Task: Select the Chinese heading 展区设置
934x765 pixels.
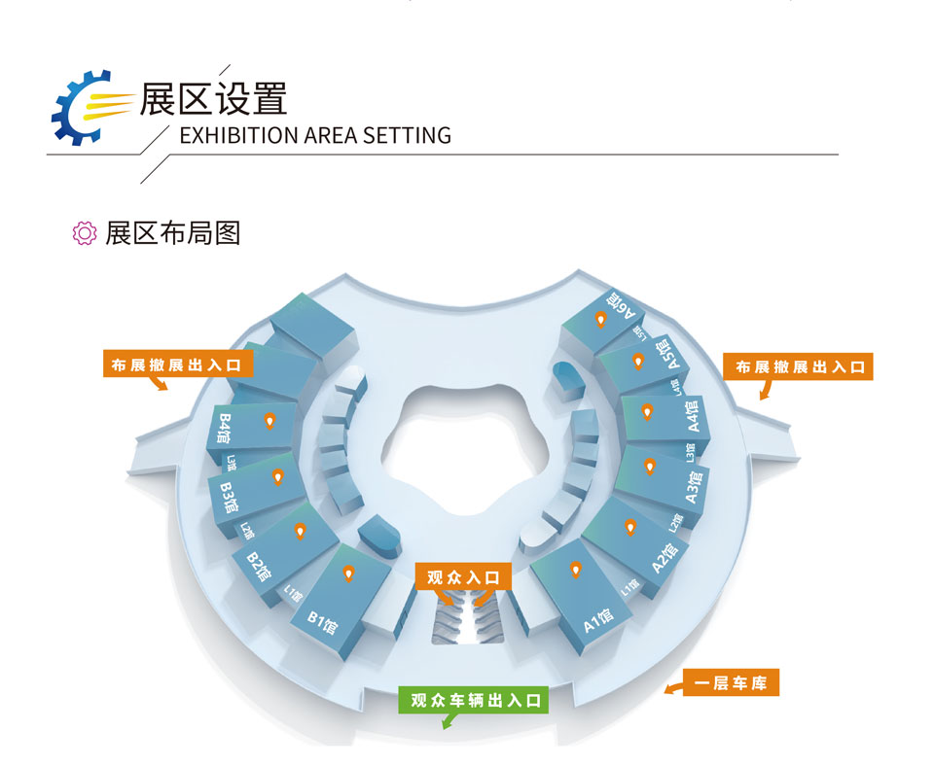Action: tap(213, 98)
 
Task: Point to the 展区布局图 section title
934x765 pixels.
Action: tap(172, 233)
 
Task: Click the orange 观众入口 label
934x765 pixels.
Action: tap(463, 577)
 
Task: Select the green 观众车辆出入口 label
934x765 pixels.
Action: tap(474, 700)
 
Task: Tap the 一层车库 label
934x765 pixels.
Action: tap(731, 683)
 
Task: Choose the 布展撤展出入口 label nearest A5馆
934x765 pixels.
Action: tap(800, 367)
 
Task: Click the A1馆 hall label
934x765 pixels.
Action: tap(598, 619)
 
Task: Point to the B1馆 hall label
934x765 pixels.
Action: tap(322, 618)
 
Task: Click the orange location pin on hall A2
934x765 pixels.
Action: tap(630, 528)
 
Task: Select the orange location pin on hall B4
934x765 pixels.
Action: tap(270, 421)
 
